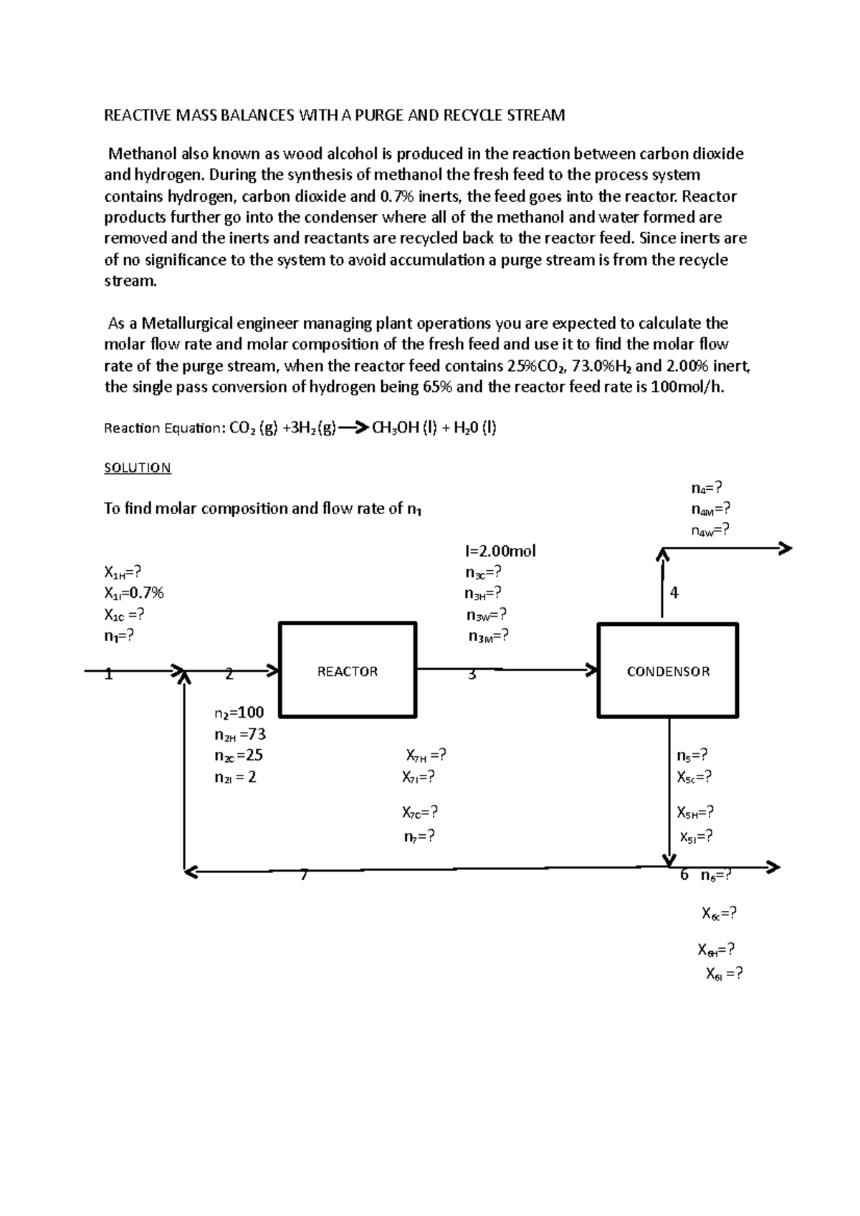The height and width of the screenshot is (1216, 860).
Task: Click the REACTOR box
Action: pos(348,670)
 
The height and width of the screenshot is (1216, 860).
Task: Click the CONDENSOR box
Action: pos(668,670)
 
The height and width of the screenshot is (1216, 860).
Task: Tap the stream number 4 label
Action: pos(674,593)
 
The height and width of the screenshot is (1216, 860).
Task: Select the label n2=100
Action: pos(239,713)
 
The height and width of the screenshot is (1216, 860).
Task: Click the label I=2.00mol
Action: pos(500,551)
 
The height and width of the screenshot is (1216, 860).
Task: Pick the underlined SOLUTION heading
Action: pos(138,468)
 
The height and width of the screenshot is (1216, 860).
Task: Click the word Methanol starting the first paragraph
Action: pos(141,154)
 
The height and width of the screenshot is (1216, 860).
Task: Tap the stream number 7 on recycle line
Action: pos(304,875)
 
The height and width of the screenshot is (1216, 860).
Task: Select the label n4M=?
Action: pos(711,509)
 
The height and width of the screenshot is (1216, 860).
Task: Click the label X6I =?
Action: pos(724,973)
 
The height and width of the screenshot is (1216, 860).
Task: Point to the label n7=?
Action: pos(419,836)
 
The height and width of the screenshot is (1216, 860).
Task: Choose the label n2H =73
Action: pos(240,734)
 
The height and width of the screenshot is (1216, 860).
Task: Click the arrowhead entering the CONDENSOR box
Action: pos(592,670)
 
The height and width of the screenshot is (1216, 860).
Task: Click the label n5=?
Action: pos(692,756)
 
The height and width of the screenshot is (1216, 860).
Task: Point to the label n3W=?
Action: pos(487,615)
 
